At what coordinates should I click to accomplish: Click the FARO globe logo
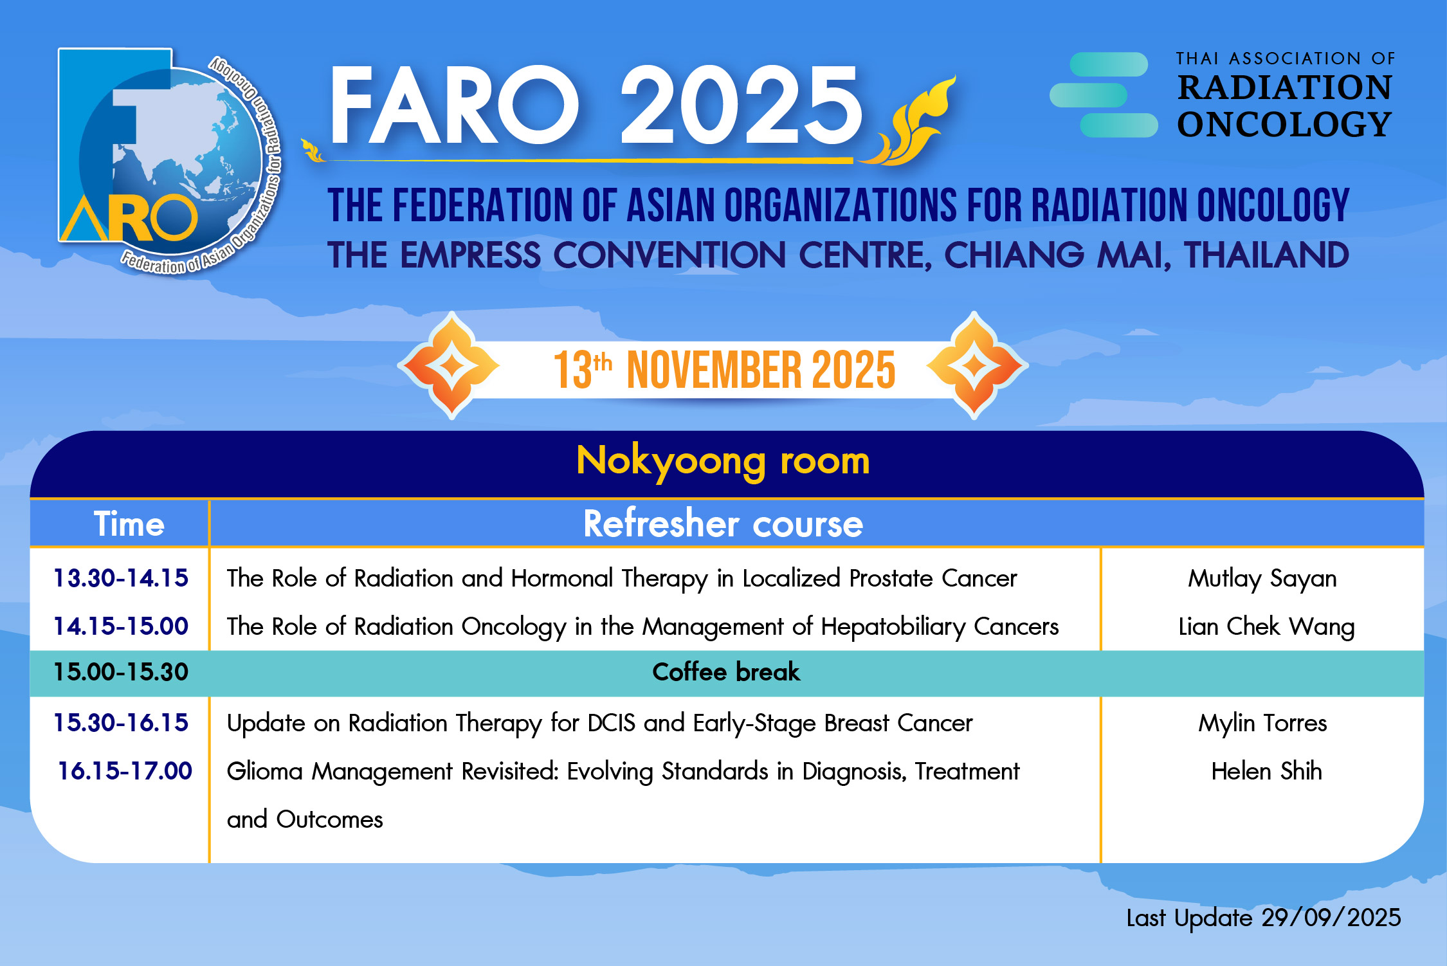tap(170, 161)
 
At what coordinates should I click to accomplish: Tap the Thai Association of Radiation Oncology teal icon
tap(1104, 95)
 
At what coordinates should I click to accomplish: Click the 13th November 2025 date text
tap(724, 370)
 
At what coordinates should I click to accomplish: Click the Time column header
tap(129, 524)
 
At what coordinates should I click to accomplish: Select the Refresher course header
tap(723, 524)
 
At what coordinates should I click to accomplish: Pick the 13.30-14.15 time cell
tap(121, 578)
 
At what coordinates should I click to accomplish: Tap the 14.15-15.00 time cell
tap(121, 626)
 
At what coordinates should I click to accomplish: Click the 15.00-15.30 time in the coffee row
tap(121, 672)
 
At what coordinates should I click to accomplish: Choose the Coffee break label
tap(726, 672)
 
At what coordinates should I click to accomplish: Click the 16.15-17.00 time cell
tap(125, 771)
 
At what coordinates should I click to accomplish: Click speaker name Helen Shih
tap(1266, 771)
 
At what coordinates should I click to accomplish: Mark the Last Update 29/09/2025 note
tap(1263, 918)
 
